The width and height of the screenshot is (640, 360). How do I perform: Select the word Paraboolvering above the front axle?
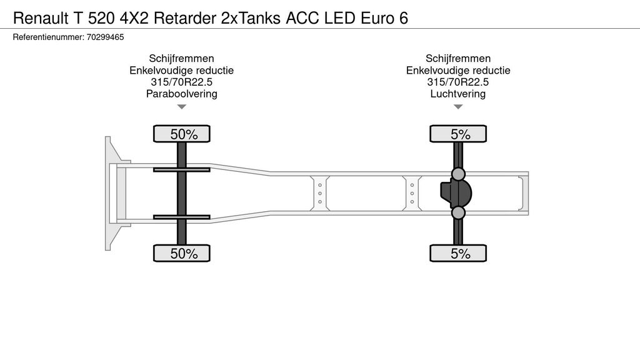pyautogui.click(x=181, y=94)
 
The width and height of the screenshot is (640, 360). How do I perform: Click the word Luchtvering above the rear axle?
pyautogui.click(x=458, y=94)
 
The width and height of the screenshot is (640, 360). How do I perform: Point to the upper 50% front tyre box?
pyautogui.click(x=182, y=134)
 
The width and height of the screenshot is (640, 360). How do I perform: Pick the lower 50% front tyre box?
pyautogui.click(x=182, y=253)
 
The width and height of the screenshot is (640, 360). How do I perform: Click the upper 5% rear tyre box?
pyautogui.click(x=458, y=134)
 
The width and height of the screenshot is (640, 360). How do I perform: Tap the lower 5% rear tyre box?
pyautogui.click(x=458, y=253)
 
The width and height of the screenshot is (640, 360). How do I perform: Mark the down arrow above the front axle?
pyautogui.click(x=182, y=107)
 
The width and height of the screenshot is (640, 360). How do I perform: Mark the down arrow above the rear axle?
pyautogui.click(x=458, y=107)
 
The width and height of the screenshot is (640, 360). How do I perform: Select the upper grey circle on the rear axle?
pyautogui.click(x=459, y=173)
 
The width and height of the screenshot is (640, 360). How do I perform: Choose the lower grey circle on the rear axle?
pyautogui.click(x=459, y=213)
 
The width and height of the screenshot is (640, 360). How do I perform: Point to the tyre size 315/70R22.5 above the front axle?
pyautogui.click(x=181, y=82)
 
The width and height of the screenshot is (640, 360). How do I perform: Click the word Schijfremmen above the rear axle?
pyautogui.click(x=458, y=59)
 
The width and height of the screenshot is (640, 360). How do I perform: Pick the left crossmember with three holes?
pyautogui.click(x=319, y=193)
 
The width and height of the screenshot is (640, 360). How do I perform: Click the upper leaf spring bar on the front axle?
pyautogui.click(x=182, y=169)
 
